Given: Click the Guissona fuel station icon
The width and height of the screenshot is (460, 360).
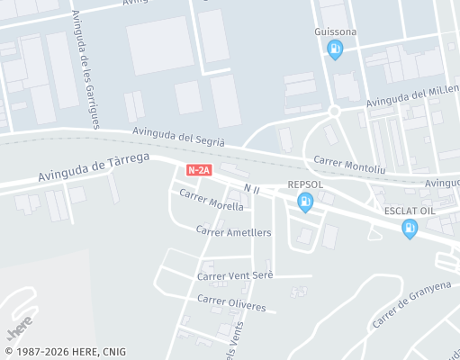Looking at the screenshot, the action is click(336, 49).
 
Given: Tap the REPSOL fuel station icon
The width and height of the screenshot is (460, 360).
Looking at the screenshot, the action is click(305, 202).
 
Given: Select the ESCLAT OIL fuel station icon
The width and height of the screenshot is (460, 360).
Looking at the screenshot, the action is click(410, 229).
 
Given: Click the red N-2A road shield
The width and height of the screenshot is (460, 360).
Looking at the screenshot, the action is click(199, 169).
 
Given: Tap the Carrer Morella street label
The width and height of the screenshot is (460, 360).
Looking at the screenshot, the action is click(212, 200).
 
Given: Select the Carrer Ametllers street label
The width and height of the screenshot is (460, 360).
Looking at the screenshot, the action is click(233, 231).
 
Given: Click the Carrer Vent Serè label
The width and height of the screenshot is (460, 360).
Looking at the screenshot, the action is click(234, 275).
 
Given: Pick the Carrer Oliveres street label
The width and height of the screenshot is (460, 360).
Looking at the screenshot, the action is click(231, 302).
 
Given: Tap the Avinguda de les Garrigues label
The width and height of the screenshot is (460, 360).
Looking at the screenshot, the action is click(88, 68).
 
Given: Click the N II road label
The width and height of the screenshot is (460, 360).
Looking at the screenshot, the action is click(251, 188).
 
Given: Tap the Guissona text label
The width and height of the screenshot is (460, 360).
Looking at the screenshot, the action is click(336, 31).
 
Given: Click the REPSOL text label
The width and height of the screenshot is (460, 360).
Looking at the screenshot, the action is click(305, 184).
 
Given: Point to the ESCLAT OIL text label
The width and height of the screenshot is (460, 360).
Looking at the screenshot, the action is click(410, 211).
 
